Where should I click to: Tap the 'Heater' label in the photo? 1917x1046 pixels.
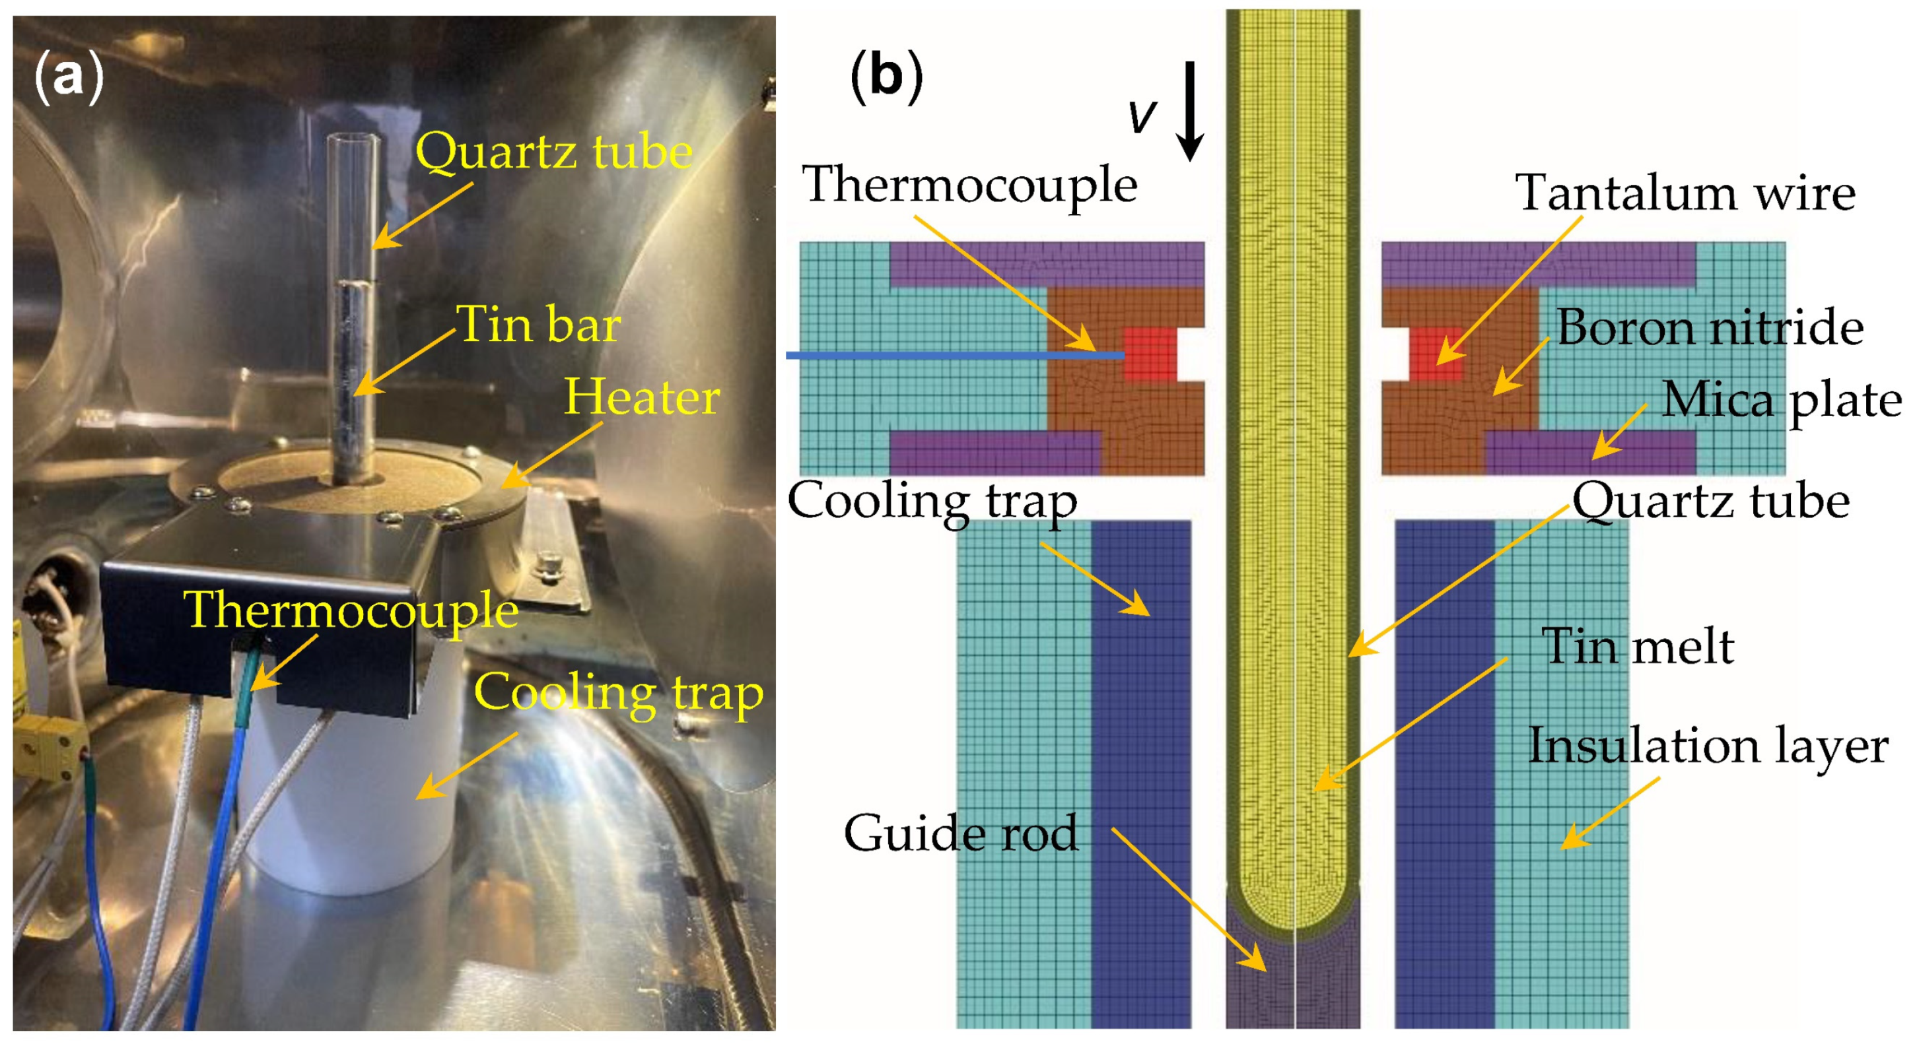click(641, 397)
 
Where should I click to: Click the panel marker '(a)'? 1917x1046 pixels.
click(69, 77)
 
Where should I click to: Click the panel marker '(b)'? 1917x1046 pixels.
click(886, 76)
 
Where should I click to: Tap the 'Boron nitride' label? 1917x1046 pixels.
click(1710, 327)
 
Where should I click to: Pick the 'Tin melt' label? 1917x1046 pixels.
click(1637, 646)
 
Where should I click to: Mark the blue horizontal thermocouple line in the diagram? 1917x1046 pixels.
click(952, 356)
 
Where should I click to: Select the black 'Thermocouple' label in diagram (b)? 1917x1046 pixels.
click(969, 185)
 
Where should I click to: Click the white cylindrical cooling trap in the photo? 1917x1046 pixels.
click(350, 803)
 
